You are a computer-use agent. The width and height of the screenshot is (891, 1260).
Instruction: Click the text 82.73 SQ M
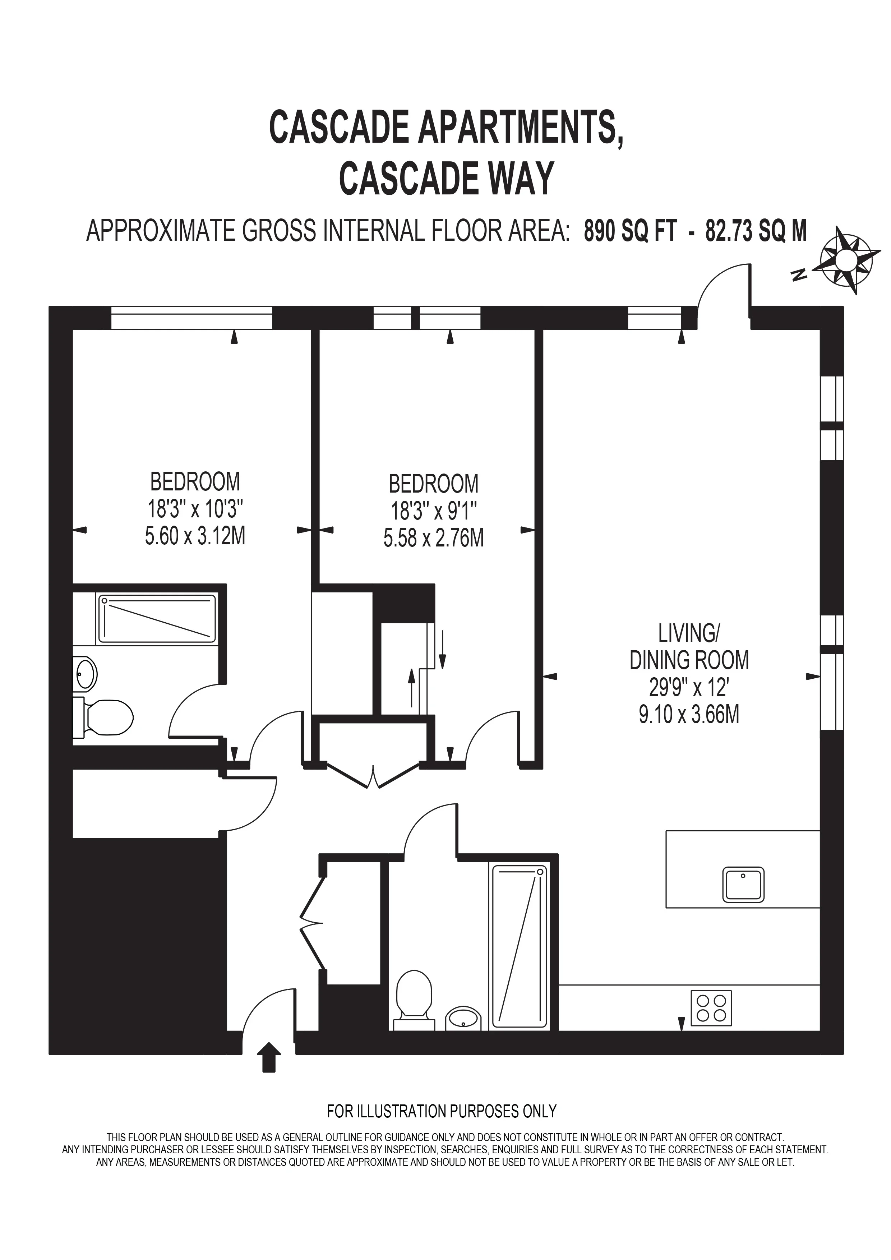pyautogui.click(x=756, y=231)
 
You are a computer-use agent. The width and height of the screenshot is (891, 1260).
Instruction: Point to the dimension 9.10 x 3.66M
pyautogui.click(x=689, y=715)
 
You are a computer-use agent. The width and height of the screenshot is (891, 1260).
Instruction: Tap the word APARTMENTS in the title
pyautogui.click(x=521, y=127)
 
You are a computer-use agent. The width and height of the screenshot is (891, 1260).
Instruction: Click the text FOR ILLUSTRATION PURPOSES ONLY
pyautogui.click(x=442, y=1122)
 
